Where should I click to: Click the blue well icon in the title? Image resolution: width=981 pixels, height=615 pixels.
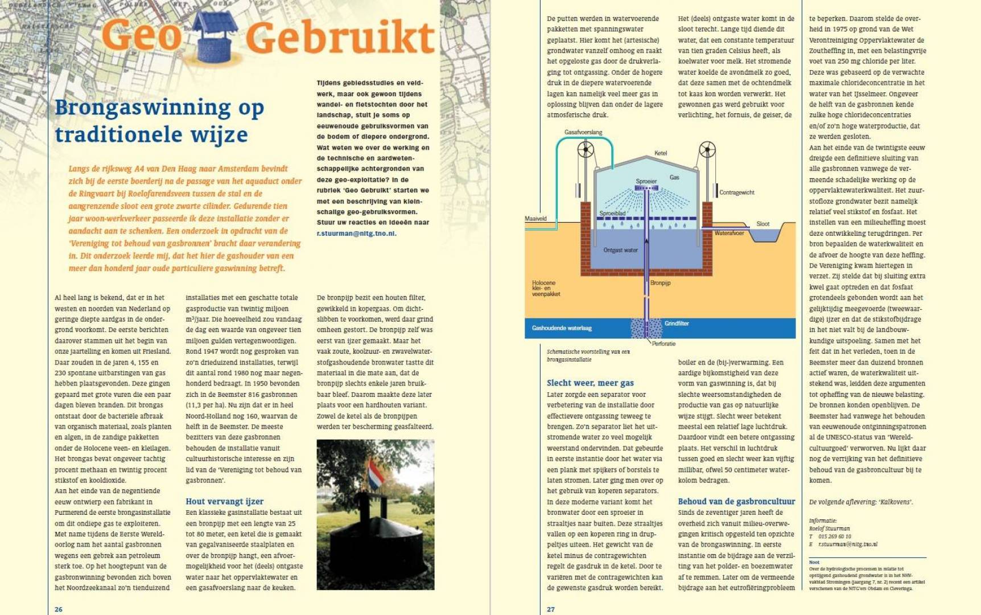pyautogui.click(x=215, y=36)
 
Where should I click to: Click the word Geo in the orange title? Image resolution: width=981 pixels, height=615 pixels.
pyautogui.click(x=141, y=36)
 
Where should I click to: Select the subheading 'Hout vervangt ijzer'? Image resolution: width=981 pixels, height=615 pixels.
pyautogui.click(x=224, y=501)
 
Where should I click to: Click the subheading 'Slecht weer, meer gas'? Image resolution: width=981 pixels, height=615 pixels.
pyautogui.click(x=590, y=383)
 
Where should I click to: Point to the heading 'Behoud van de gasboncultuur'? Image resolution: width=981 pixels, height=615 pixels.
pyautogui.click(x=736, y=501)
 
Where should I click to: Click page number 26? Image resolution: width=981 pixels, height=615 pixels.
pyautogui.click(x=59, y=609)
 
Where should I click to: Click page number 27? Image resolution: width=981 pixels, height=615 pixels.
pyautogui.click(x=551, y=609)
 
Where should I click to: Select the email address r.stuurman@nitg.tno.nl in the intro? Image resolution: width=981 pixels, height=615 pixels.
pyautogui.click(x=356, y=233)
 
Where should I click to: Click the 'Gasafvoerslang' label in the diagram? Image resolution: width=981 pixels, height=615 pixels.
pyautogui.click(x=583, y=132)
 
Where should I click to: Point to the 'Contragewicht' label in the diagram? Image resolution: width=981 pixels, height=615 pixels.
pyautogui.click(x=736, y=192)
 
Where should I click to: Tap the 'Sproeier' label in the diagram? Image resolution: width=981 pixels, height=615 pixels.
pyautogui.click(x=646, y=181)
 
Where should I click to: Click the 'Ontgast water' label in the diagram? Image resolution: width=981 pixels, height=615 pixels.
pyautogui.click(x=620, y=250)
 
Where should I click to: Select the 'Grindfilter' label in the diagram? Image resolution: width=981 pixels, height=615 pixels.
pyautogui.click(x=677, y=323)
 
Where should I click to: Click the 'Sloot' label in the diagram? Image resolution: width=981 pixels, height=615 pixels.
pyautogui.click(x=762, y=224)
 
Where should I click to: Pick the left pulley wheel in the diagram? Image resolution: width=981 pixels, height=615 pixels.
pyautogui.click(x=586, y=150)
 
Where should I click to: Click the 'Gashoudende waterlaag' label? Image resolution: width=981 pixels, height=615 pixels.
pyautogui.click(x=562, y=328)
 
